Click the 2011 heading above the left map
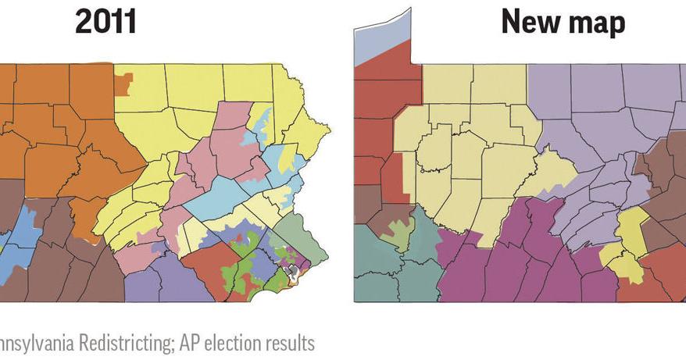coord(105,22)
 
